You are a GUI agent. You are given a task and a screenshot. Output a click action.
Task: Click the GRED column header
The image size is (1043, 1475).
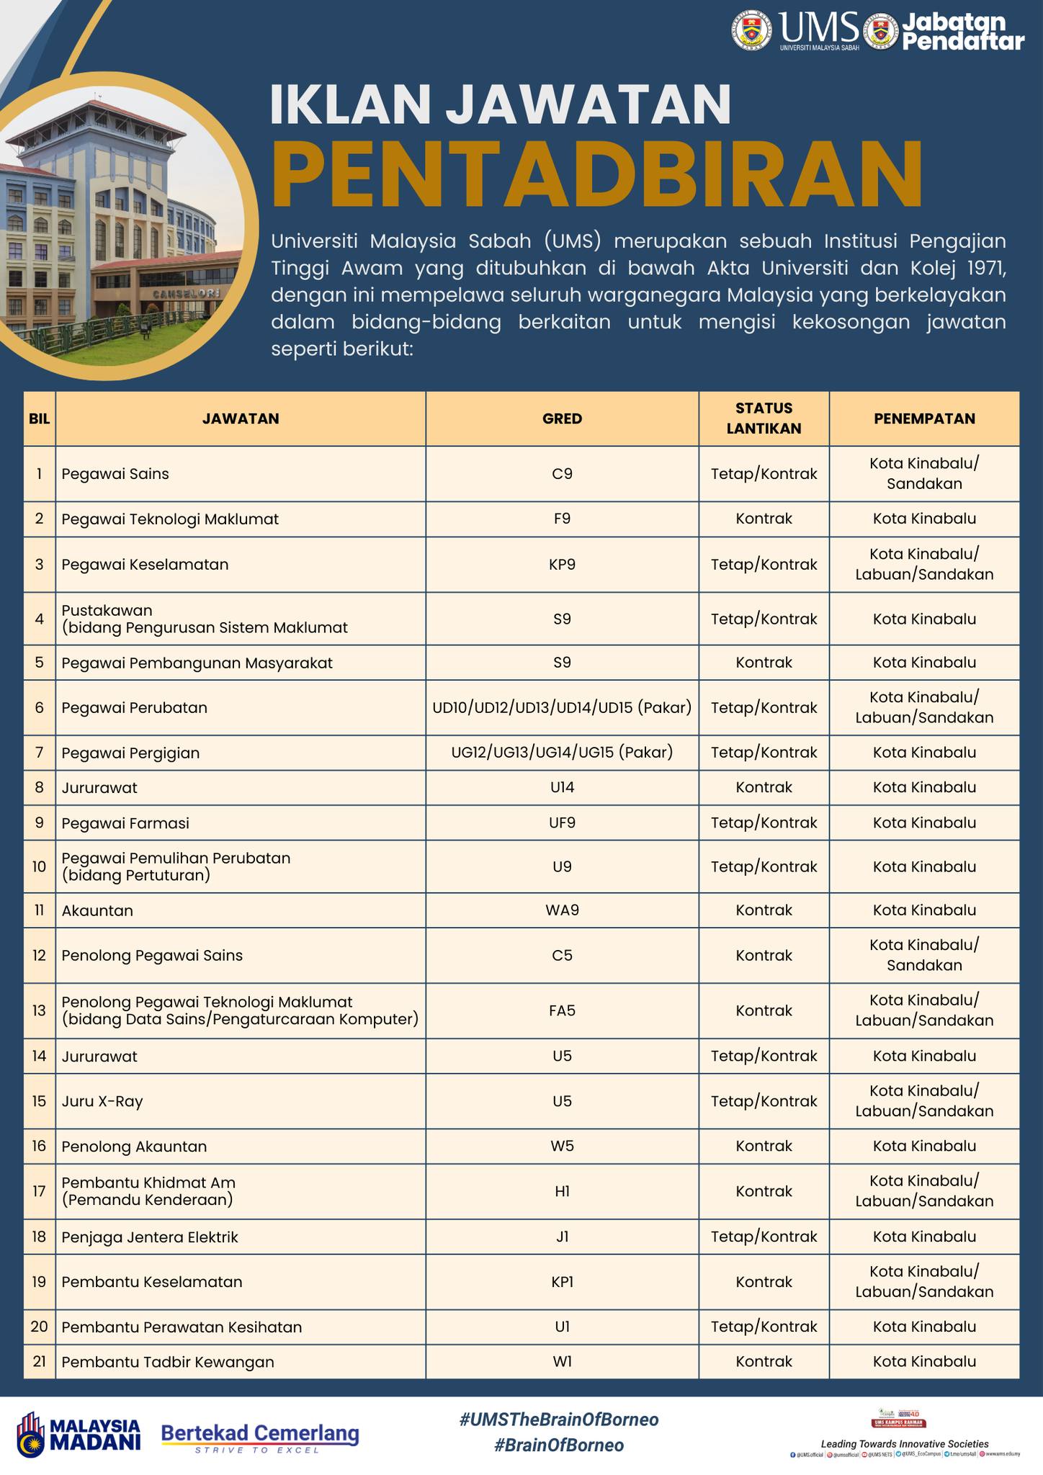coord(562,418)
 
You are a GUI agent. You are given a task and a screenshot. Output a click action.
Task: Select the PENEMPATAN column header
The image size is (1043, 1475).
coord(924,418)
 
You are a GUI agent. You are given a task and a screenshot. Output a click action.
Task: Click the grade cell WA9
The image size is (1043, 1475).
coord(562,910)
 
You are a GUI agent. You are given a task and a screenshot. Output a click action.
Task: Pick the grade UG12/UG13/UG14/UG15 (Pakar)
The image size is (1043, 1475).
coord(562,753)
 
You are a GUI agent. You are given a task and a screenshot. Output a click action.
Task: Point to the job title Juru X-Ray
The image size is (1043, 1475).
coord(102,1100)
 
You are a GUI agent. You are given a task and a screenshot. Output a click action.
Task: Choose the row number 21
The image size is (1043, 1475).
coord(39,1361)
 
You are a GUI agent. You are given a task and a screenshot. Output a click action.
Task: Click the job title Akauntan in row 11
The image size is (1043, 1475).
coord(97,910)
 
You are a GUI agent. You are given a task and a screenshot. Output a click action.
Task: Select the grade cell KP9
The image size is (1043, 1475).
coord(562,564)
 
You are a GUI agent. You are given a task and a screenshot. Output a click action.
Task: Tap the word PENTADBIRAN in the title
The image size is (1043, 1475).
coord(596,175)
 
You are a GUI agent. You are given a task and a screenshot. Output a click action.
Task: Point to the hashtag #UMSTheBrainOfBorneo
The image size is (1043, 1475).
coord(558,1420)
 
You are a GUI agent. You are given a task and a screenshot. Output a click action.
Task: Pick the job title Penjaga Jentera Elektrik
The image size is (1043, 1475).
coord(150,1237)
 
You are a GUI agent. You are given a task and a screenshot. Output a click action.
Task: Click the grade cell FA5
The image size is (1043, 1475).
coord(562,1010)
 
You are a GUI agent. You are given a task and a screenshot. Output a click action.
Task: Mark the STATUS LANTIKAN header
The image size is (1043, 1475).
coord(764,418)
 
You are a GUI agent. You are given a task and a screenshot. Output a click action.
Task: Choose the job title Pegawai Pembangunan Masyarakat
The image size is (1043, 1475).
coord(197,663)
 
